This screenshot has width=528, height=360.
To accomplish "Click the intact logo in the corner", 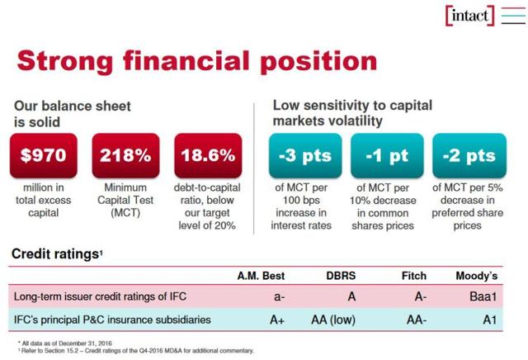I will coord(469,16).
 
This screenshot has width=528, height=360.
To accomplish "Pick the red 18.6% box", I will coord(208,155).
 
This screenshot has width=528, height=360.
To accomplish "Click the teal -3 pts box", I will coord(304,155).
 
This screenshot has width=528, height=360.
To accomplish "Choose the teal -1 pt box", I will coord(386,155).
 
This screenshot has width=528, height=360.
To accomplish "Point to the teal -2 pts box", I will coord(468,155).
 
